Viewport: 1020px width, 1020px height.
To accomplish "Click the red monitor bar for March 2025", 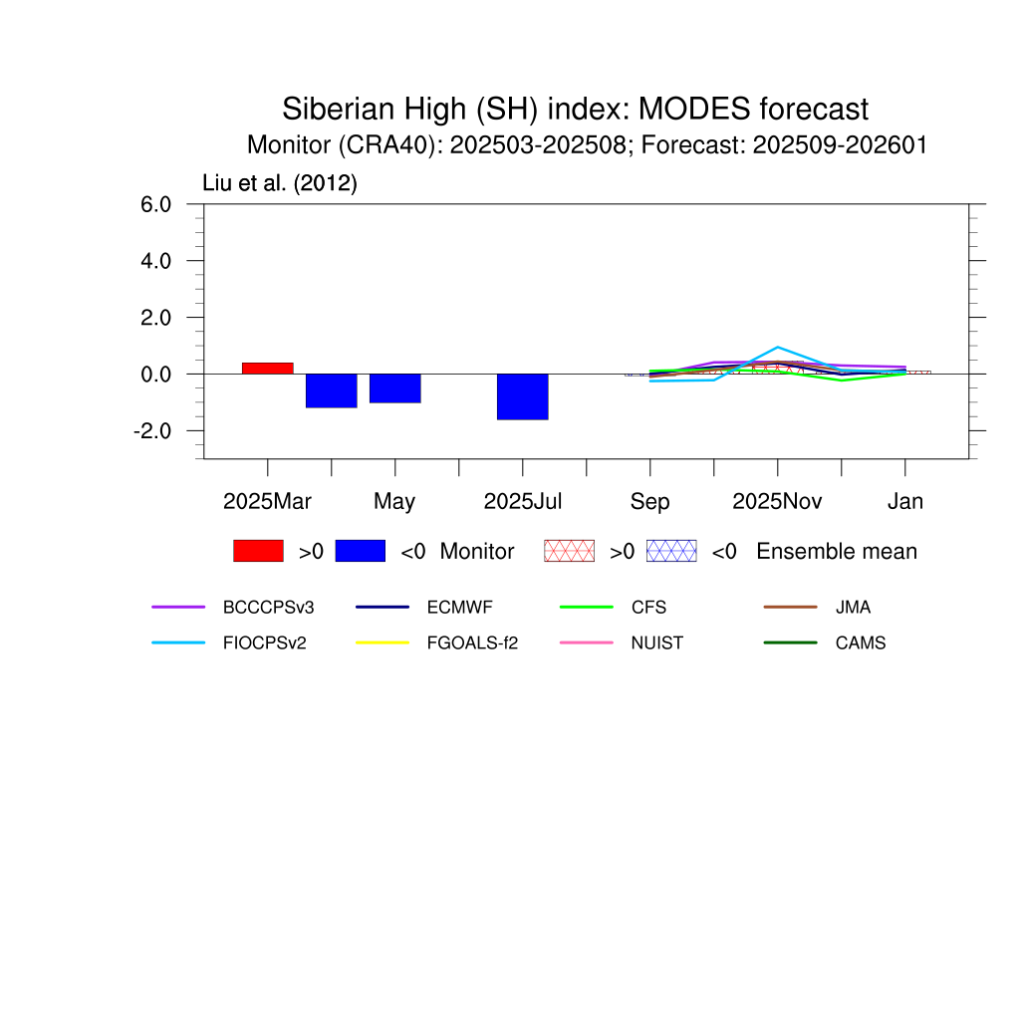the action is (267, 369).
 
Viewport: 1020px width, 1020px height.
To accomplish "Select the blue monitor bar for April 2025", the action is (331, 390).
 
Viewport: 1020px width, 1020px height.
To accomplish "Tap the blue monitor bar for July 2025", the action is (522, 396).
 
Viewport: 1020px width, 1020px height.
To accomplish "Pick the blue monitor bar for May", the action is (394, 388).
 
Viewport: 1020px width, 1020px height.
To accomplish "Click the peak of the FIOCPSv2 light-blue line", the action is (778, 348).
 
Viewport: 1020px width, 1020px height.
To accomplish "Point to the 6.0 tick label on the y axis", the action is (155, 204).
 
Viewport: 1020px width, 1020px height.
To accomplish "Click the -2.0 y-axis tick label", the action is (152, 430).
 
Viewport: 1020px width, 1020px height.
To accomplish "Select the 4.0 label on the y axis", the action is (155, 261).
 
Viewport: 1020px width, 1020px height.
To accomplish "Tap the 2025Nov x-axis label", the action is (777, 502).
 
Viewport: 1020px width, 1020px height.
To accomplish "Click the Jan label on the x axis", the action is (905, 502).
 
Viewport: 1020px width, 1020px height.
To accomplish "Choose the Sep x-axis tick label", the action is (649, 502).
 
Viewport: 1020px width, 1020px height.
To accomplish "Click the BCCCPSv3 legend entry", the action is (268, 607).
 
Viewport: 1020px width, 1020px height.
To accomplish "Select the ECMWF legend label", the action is (460, 607).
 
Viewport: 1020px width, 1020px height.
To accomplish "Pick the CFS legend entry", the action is (648, 607).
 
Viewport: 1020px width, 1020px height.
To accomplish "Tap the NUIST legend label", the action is (657, 642).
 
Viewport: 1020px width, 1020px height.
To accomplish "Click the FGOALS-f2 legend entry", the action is (472, 642).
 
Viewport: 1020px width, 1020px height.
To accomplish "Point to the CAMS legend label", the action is (861, 642).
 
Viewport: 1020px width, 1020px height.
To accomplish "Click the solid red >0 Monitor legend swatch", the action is (258, 551).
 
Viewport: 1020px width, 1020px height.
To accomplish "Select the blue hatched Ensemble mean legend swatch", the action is (671, 551).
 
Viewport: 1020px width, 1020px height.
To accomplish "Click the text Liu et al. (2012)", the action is (280, 183).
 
